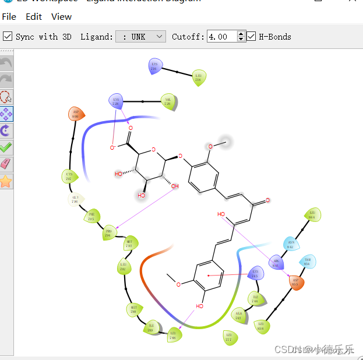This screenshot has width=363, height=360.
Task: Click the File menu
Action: (9, 17)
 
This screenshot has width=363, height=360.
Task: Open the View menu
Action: (61, 17)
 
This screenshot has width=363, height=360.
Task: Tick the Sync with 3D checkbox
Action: (8, 37)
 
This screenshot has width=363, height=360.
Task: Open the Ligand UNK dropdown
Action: (141, 37)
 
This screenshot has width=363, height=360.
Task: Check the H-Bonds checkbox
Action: (251, 37)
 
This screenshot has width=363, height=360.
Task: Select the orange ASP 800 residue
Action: (75, 114)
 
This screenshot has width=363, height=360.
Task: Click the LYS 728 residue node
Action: (115, 101)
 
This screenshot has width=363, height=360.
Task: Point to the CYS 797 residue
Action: (69, 175)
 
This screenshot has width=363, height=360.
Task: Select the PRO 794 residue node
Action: (108, 234)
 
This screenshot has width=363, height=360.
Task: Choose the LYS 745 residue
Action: (255, 273)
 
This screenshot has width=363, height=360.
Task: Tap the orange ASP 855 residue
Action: (296, 283)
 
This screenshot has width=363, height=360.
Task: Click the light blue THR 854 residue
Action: (307, 262)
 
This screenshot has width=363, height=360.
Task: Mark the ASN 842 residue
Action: (290, 244)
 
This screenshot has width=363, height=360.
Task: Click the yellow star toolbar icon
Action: (6, 181)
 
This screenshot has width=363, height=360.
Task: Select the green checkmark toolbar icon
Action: (6, 147)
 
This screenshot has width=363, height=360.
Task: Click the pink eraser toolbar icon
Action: (6, 164)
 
